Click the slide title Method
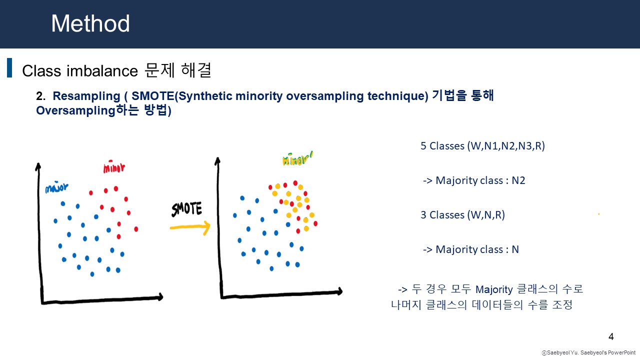click(90, 23)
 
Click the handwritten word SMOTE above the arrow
click(186, 209)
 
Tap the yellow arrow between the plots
click(190, 227)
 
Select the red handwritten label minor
click(114, 167)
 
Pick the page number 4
click(611, 337)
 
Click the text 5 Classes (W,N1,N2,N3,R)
click(482, 146)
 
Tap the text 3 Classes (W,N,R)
click(462, 215)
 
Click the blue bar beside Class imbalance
click(9, 67)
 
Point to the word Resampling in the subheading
click(86, 96)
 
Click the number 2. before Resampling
click(40, 96)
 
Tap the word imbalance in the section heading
click(102, 71)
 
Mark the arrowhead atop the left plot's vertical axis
click(38, 167)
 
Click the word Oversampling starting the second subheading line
click(76, 110)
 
